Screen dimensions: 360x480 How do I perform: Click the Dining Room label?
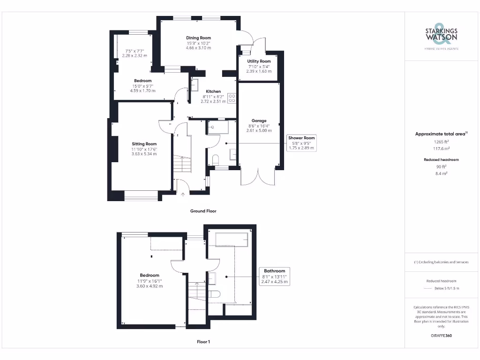198,38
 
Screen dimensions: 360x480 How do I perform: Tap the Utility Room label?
259,61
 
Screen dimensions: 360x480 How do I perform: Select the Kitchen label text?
213,91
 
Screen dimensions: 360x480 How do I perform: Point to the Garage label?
259,121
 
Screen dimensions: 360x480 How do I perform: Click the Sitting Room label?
144,144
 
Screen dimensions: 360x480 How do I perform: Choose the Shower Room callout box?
302,142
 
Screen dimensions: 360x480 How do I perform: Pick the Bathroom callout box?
274,276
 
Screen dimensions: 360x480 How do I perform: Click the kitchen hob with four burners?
232,98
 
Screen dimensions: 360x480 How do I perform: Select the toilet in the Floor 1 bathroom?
215,294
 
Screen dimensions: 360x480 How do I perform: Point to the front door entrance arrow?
183,193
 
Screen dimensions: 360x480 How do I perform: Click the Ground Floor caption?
203,211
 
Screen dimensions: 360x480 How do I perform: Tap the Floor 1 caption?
203,342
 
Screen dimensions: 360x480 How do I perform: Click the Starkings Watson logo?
441,35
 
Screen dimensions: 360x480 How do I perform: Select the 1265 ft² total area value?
441,141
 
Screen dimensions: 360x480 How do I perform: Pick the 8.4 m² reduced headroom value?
441,173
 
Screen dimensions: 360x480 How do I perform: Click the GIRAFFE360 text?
441,336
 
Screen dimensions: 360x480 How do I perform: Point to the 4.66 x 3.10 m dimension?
198,48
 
